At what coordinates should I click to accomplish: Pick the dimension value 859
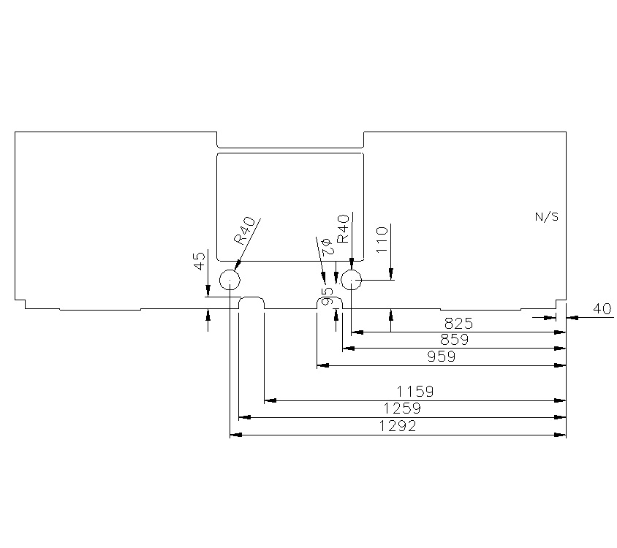[454, 339]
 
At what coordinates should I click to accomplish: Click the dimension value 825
[458, 322]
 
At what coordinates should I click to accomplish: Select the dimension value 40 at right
[602, 309]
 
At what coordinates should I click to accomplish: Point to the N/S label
[548, 217]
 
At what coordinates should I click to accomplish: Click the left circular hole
[230, 280]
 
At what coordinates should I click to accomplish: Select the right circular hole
[352, 279]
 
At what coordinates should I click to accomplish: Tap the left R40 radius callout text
[244, 230]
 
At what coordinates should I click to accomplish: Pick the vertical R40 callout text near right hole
[343, 229]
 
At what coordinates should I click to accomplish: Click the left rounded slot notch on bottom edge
[252, 302]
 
